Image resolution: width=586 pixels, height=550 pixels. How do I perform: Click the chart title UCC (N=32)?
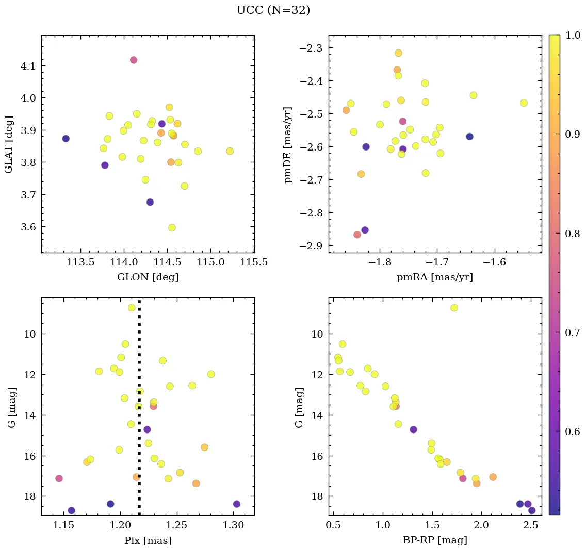pos(273,10)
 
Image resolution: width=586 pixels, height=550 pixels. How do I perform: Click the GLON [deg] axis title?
pos(148,277)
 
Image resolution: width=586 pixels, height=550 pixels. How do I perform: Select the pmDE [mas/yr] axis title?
pos(288,144)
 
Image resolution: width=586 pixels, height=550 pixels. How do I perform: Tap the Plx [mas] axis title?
pos(148,541)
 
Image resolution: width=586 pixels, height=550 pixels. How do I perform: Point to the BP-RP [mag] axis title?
pos(435,541)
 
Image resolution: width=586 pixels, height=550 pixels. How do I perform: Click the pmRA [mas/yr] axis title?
pos(434,277)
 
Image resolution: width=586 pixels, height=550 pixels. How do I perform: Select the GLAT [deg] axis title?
pos(9,144)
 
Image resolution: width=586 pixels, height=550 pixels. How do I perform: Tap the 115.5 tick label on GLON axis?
pos(254,262)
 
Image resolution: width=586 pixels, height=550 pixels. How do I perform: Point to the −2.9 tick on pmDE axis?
pos(310,246)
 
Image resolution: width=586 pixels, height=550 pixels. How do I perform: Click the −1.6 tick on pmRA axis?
pos(495,262)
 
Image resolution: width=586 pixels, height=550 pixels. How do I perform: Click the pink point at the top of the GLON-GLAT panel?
pos(134,60)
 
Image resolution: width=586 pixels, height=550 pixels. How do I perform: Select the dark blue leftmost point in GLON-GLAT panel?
pos(66,139)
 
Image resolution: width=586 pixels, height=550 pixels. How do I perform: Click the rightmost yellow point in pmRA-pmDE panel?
pos(524,103)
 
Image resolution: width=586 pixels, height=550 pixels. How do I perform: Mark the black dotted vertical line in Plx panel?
pos(139,412)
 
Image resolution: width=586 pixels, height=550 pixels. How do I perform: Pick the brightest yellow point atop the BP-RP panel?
pos(454,308)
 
